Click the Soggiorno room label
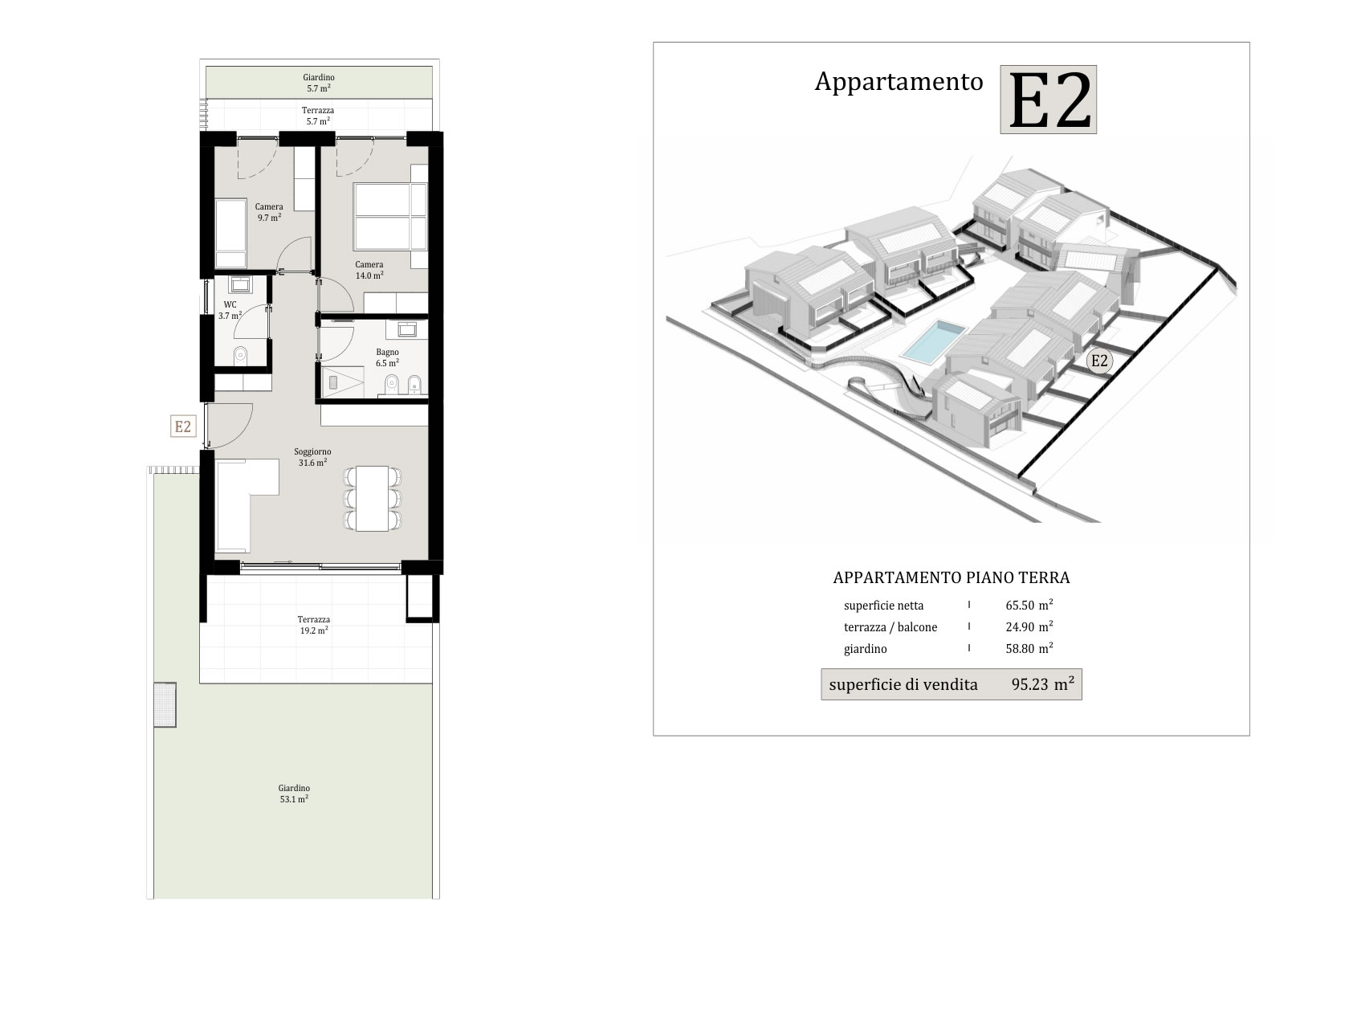[x=312, y=451]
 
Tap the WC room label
[x=230, y=305]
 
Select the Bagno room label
[x=387, y=353]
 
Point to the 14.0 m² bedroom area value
[x=369, y=275]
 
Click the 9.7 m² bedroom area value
[x=269, y=218]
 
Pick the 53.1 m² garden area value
[x=294, y=799]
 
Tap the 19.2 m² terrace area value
[x=313, y=630]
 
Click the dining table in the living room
[x=372, y=499]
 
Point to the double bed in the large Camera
[x=390, y=216]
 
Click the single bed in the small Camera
[x=230, y=234]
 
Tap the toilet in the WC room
[x=240, y=355]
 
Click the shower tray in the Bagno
[x=342, y=382]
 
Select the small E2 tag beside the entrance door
[x=183, y=426]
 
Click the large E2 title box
[x=1049, y=100]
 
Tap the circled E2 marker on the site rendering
[x=1098, y=361]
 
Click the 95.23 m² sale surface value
[x=1043, y=684]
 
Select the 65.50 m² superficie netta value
[x=1029, y=605]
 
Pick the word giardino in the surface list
[x=866, y=649]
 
